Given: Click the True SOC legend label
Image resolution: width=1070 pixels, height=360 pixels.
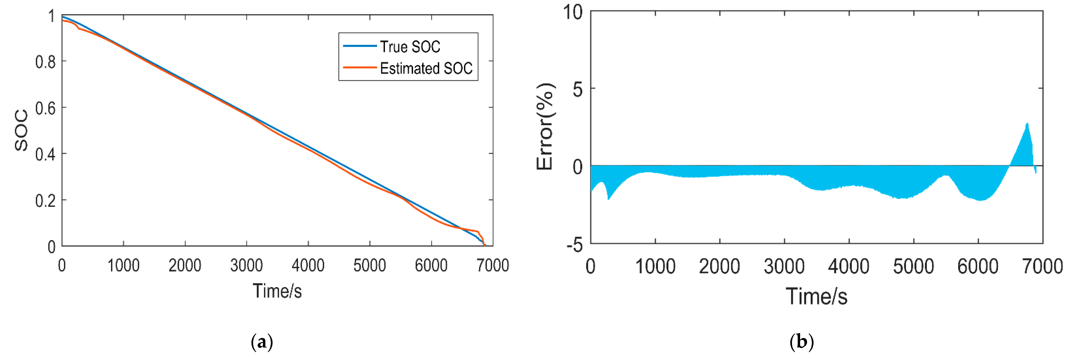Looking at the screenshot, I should click(410, 47).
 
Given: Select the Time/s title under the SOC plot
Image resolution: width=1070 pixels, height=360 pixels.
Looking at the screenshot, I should click(277, 291).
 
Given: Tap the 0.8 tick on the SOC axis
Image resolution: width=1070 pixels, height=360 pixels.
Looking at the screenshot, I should click(45, 62).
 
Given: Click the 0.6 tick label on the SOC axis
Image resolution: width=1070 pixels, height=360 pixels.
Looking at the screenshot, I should click(45, 109).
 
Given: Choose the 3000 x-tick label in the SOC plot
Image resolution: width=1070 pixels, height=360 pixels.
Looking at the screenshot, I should click(246, 265).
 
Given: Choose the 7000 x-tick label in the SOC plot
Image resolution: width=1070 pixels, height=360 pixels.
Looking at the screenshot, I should click(493, 265).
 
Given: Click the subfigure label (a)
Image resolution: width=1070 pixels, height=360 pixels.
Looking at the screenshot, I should click(262, 343).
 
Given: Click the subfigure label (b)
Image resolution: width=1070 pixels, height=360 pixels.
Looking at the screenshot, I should click(801, 343).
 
